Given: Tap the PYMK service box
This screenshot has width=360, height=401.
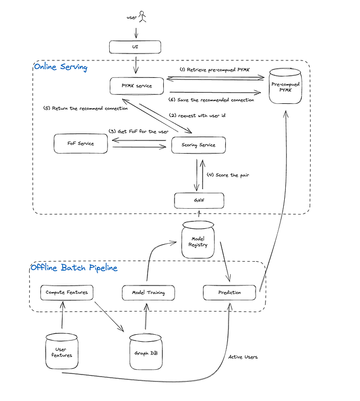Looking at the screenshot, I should (137, 85).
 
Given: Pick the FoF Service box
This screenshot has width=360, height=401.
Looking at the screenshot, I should (81, 143).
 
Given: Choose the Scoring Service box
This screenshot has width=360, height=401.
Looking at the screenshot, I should (198, 145).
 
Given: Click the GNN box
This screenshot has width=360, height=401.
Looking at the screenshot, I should (199, 201).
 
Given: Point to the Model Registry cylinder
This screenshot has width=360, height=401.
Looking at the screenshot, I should (197, 239).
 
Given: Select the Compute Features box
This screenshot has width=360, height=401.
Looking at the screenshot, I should (66, 292).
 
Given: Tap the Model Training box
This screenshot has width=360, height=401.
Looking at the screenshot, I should (148, 292).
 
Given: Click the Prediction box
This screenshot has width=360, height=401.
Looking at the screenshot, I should (230, 292).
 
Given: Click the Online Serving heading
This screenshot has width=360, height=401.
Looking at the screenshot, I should (60, 67).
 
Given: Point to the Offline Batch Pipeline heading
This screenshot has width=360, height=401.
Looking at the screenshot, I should (74, 268).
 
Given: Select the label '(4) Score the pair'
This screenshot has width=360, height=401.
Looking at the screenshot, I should (227, 175).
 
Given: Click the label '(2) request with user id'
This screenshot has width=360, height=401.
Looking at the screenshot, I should (194, 115).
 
